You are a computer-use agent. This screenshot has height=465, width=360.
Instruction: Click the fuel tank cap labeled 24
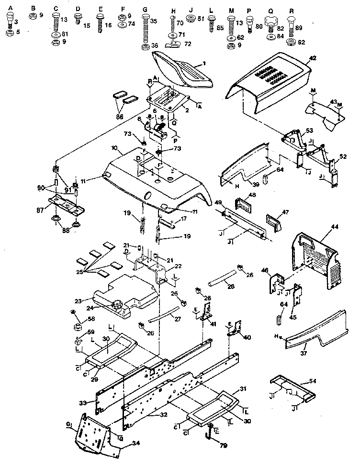point(117,304)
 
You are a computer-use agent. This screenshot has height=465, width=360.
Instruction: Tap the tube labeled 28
point(222,277)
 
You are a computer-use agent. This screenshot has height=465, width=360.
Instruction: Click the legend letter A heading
point(11,8)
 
